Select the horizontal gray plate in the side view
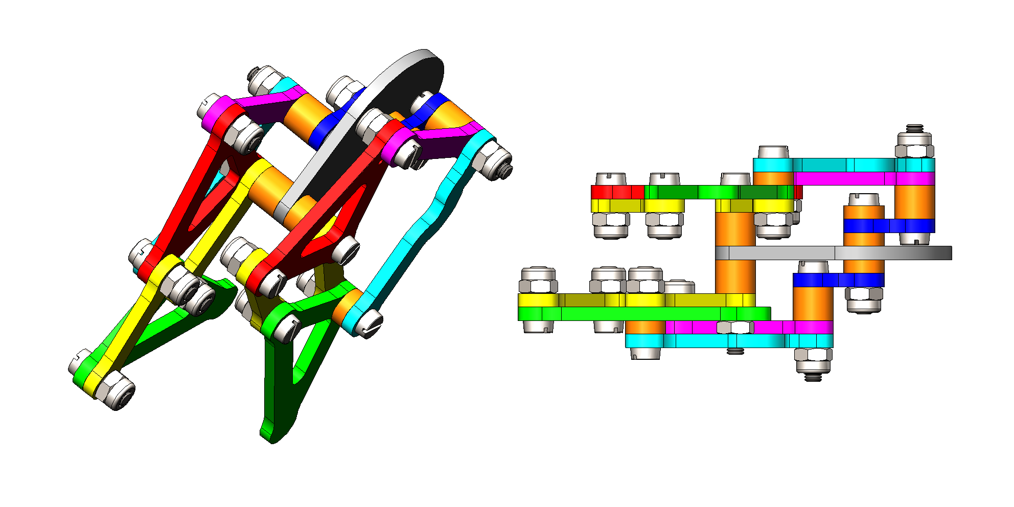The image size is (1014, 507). (833, 253)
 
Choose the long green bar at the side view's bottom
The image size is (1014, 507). (639, 313)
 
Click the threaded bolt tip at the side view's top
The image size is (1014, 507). (915, 127)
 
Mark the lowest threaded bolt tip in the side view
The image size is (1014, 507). (813, 377)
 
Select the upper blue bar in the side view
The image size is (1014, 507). (889, 225)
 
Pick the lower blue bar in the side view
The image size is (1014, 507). (838, 280)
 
